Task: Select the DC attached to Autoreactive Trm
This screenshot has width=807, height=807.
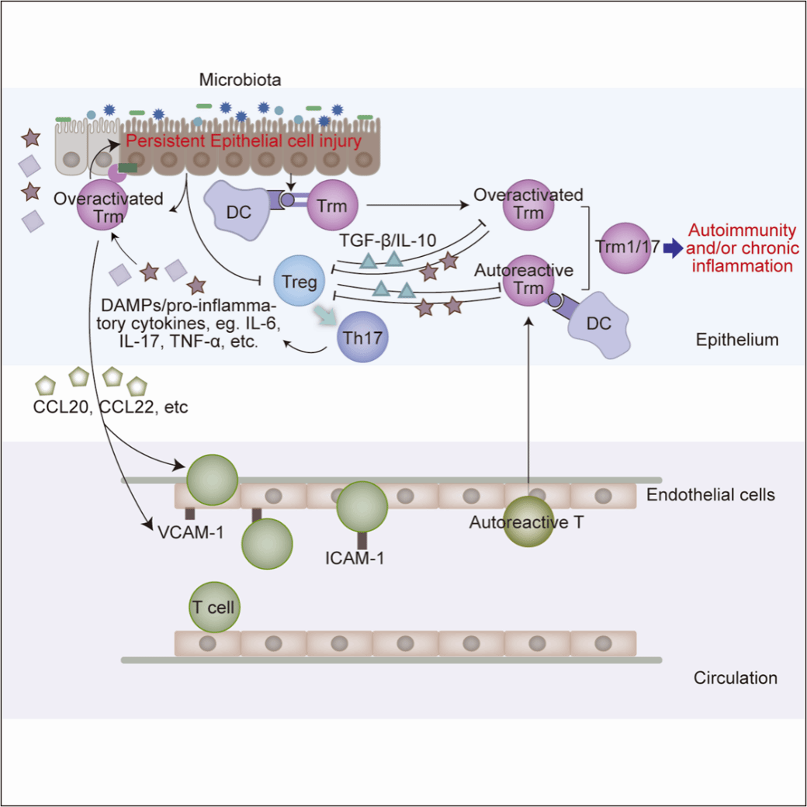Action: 598,325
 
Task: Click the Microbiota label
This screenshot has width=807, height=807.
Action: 240,79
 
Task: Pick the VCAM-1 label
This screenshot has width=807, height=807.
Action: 190,532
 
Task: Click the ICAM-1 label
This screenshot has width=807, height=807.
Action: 355,556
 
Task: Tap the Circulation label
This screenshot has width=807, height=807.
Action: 735,677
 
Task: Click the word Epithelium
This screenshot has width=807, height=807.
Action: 737,340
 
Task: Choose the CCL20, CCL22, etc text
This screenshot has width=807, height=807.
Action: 110,407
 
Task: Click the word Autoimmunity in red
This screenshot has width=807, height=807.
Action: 743,230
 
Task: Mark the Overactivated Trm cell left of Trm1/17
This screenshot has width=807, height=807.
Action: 528,206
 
